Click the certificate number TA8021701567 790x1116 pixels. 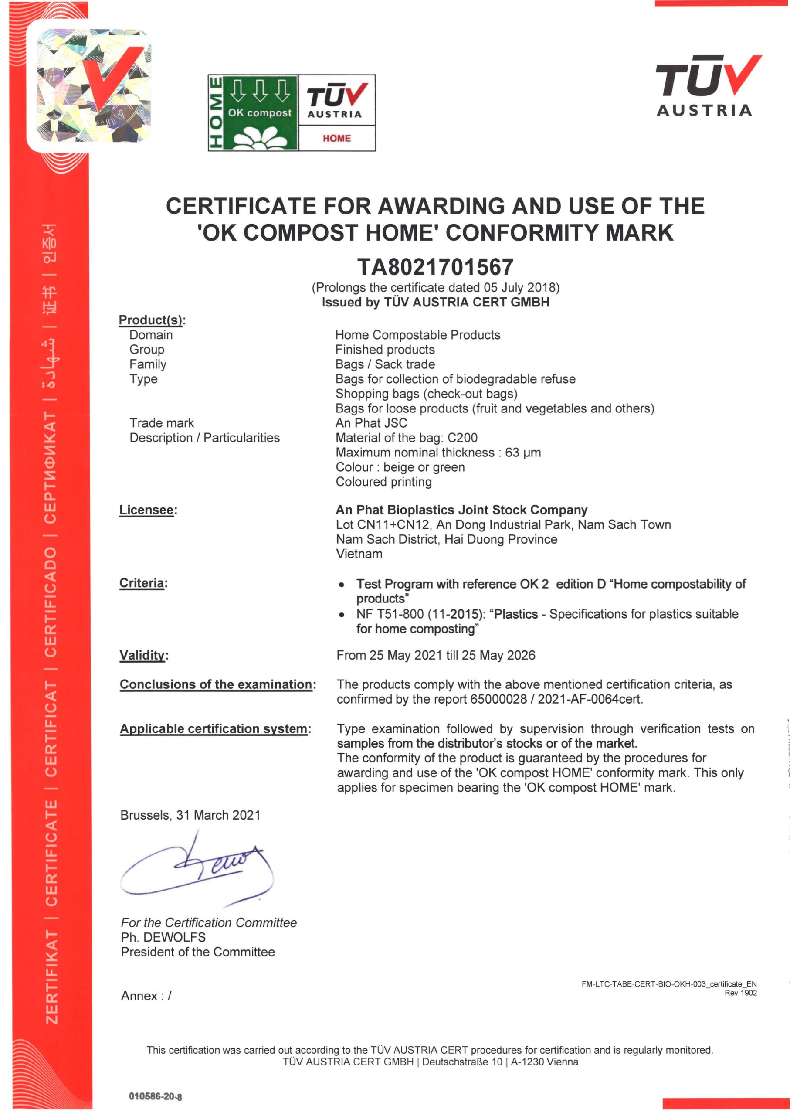tap(435, 267)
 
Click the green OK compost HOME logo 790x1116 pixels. tap(253, 112)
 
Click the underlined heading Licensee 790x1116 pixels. tap(146, 510)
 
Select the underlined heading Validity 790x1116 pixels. tap(142, 655)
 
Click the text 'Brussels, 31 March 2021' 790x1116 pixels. tap(190, 815)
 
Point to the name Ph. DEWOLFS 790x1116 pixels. tap(163, 937)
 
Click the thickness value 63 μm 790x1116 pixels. tap(523, 452)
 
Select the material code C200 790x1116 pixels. tap(462, 438)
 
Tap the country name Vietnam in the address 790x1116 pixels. tap(359, 554)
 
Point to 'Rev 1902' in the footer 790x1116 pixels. tap(740, 993)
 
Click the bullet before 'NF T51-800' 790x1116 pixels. tap(342, 615)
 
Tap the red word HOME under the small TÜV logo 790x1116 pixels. tap(337, 138)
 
